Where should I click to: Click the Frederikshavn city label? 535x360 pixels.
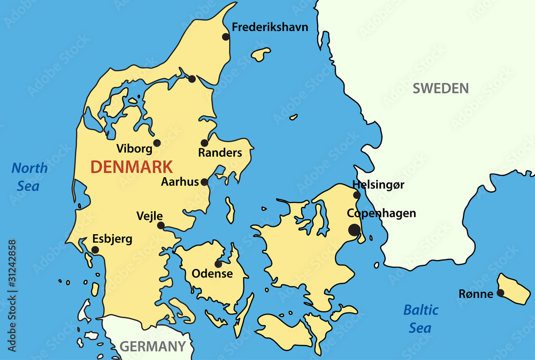(x=270, y=27)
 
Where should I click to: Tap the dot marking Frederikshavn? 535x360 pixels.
(x=226, y=37)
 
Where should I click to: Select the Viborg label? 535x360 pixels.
(x=134, y=149)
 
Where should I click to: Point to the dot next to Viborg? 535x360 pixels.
(x=157, y=143)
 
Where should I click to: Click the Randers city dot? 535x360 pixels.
(x=204, y=143)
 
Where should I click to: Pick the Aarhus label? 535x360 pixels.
(x=180, y=182)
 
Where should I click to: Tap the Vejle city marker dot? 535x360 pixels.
(x=160, y=226)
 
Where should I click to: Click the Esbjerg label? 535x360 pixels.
(x=112, y=239)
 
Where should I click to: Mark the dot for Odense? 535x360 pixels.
(x=218, y=264)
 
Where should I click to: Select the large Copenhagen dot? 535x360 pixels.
(x=354, y=230)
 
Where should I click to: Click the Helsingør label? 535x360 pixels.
(x=378, y=185)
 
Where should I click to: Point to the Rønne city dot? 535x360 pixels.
(x=500, y=293)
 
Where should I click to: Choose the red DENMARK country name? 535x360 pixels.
(x=132, y=167)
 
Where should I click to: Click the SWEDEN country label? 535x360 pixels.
(x=440, y=89)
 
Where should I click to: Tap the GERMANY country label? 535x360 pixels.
(x=152, y=346)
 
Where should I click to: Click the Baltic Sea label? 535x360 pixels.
(x=421, y=319)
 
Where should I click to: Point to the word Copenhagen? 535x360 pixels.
(x=381, y=213)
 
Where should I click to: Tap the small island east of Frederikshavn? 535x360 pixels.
(x=261, y=54)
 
